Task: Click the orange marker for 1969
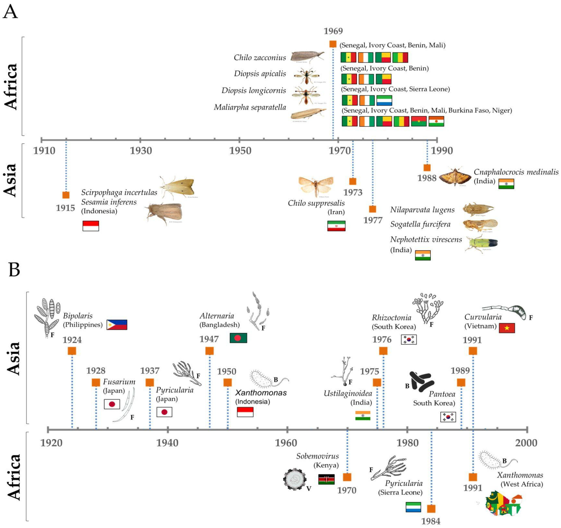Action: tap(333, 44)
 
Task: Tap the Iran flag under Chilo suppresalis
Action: tap(336, 226)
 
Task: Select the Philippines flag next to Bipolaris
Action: tap(117, 325)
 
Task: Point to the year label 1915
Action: tap(65, 208)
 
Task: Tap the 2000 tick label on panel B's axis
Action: tap(526, 443)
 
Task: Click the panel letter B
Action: tap(14, 270)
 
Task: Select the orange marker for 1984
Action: tap(431, 509)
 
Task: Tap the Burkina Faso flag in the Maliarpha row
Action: tap(419, 121)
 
